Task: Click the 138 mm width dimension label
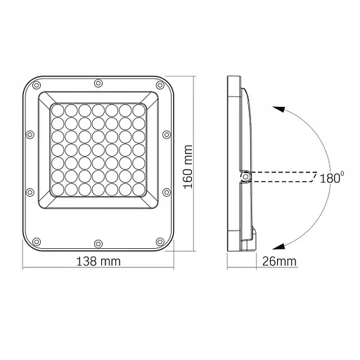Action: click(x=98, y=261)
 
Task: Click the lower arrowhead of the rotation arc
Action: click(x=278, y=245)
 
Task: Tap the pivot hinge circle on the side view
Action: click(x=245, y=176)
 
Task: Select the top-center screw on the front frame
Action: click(x=98, y=84)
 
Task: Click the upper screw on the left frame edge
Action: click(x=30, y=134)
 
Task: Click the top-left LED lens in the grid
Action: click(x=58, y=110)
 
